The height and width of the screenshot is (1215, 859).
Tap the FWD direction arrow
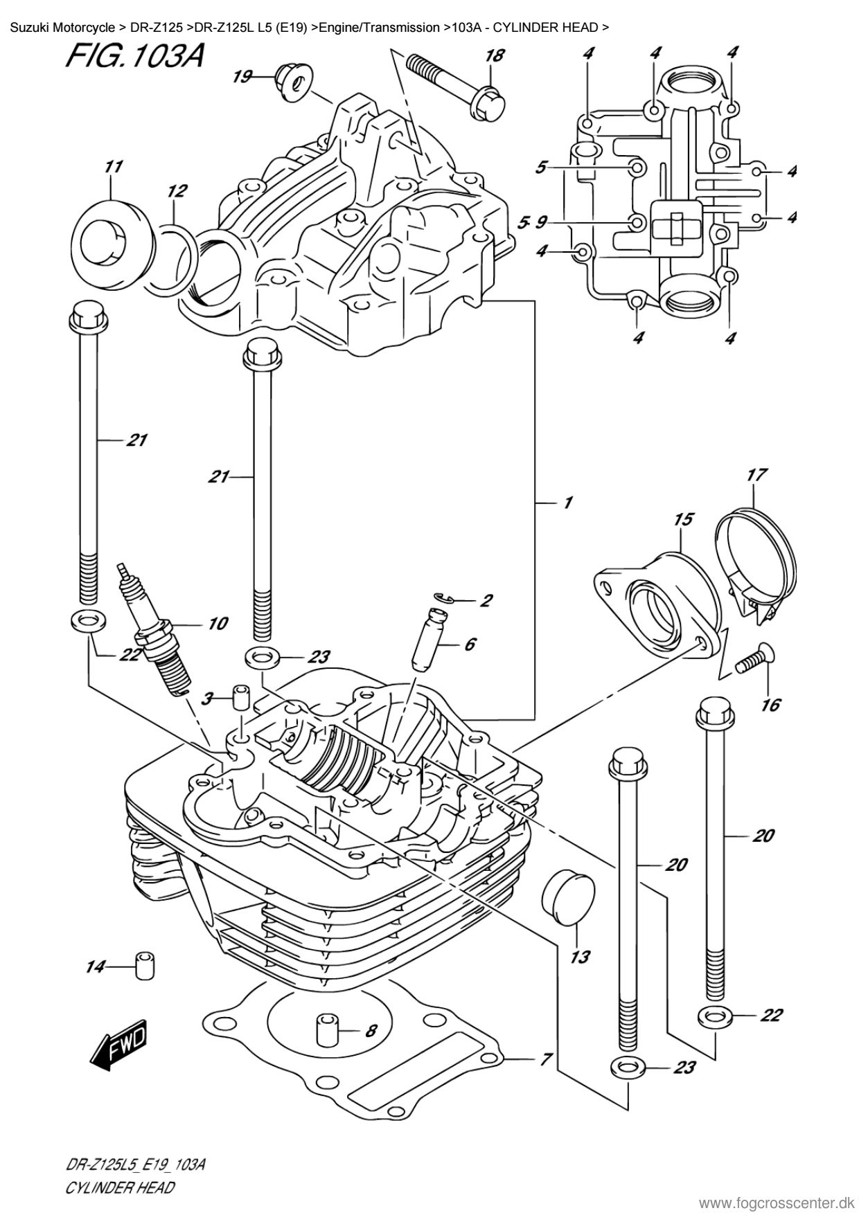coord(119,1041)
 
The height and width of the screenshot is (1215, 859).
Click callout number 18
coord(494,56)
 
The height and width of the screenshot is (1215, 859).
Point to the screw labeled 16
coord(754,659)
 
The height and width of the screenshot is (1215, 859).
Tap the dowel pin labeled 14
coord(145,966)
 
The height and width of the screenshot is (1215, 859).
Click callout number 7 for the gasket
coord(545,1059)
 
